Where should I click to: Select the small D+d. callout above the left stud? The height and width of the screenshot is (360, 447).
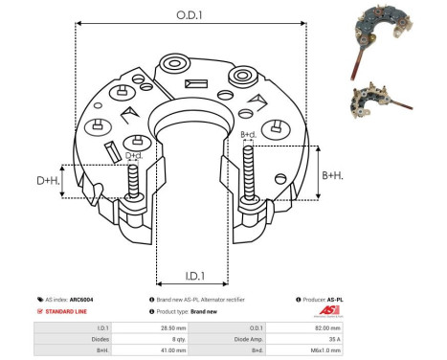pos(135,155)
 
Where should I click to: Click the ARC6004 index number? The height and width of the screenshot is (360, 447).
pos(95,300)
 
